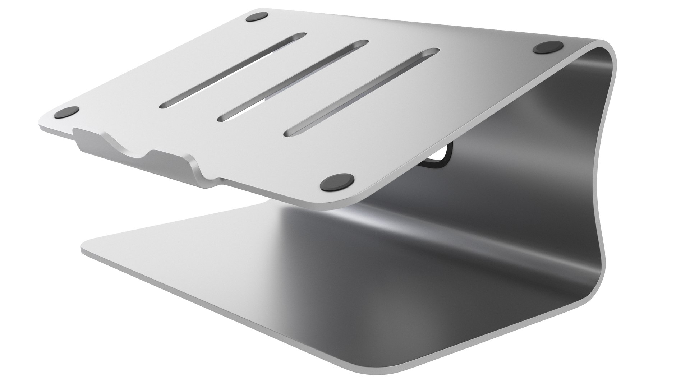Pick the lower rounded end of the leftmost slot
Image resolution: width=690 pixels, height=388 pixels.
click(165, 105)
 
